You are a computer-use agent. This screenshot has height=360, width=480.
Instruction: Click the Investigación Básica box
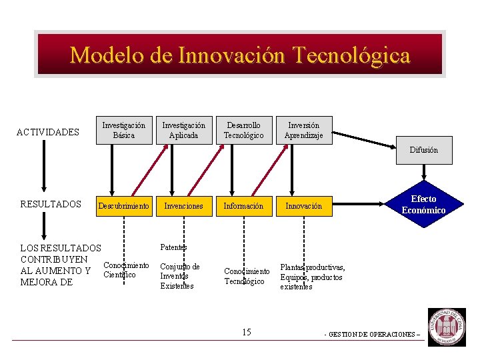point(123,130)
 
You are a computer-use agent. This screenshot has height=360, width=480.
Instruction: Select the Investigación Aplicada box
point(184,130)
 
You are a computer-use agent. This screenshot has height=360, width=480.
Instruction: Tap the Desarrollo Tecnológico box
point(243,130)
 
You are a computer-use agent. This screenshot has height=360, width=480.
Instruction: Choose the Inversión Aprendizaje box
point(303,130)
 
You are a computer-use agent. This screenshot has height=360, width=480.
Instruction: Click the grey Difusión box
point(423,150)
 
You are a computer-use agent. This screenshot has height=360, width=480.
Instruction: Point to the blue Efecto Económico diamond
point(423,205)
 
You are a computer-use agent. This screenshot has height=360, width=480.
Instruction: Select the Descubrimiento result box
point(123,206)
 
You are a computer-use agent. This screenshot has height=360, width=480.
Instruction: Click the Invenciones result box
point(184,206)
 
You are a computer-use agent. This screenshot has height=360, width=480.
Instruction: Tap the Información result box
point(243,206)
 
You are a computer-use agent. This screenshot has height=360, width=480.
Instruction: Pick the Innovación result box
point(303,206)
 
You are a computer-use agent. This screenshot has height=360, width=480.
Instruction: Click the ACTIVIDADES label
point(47,132)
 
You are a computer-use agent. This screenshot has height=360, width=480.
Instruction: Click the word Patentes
point(173,247)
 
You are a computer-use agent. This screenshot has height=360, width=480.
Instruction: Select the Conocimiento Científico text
point(125,270)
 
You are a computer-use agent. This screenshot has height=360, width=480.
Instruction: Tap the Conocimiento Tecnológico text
point(247,276)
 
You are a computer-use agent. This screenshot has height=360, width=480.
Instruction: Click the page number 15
point(247,332)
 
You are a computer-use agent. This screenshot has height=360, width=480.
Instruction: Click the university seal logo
point(447,327)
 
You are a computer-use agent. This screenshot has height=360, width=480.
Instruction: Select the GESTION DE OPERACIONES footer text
point(373,334)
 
